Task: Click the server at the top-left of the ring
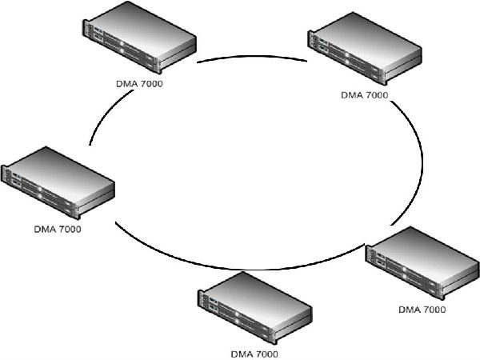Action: (138, 41)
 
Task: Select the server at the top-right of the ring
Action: (365, 55)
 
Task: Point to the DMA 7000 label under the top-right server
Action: (365, 95)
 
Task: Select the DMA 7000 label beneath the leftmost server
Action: (57, 228)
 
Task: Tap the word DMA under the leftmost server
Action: (44, 228)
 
